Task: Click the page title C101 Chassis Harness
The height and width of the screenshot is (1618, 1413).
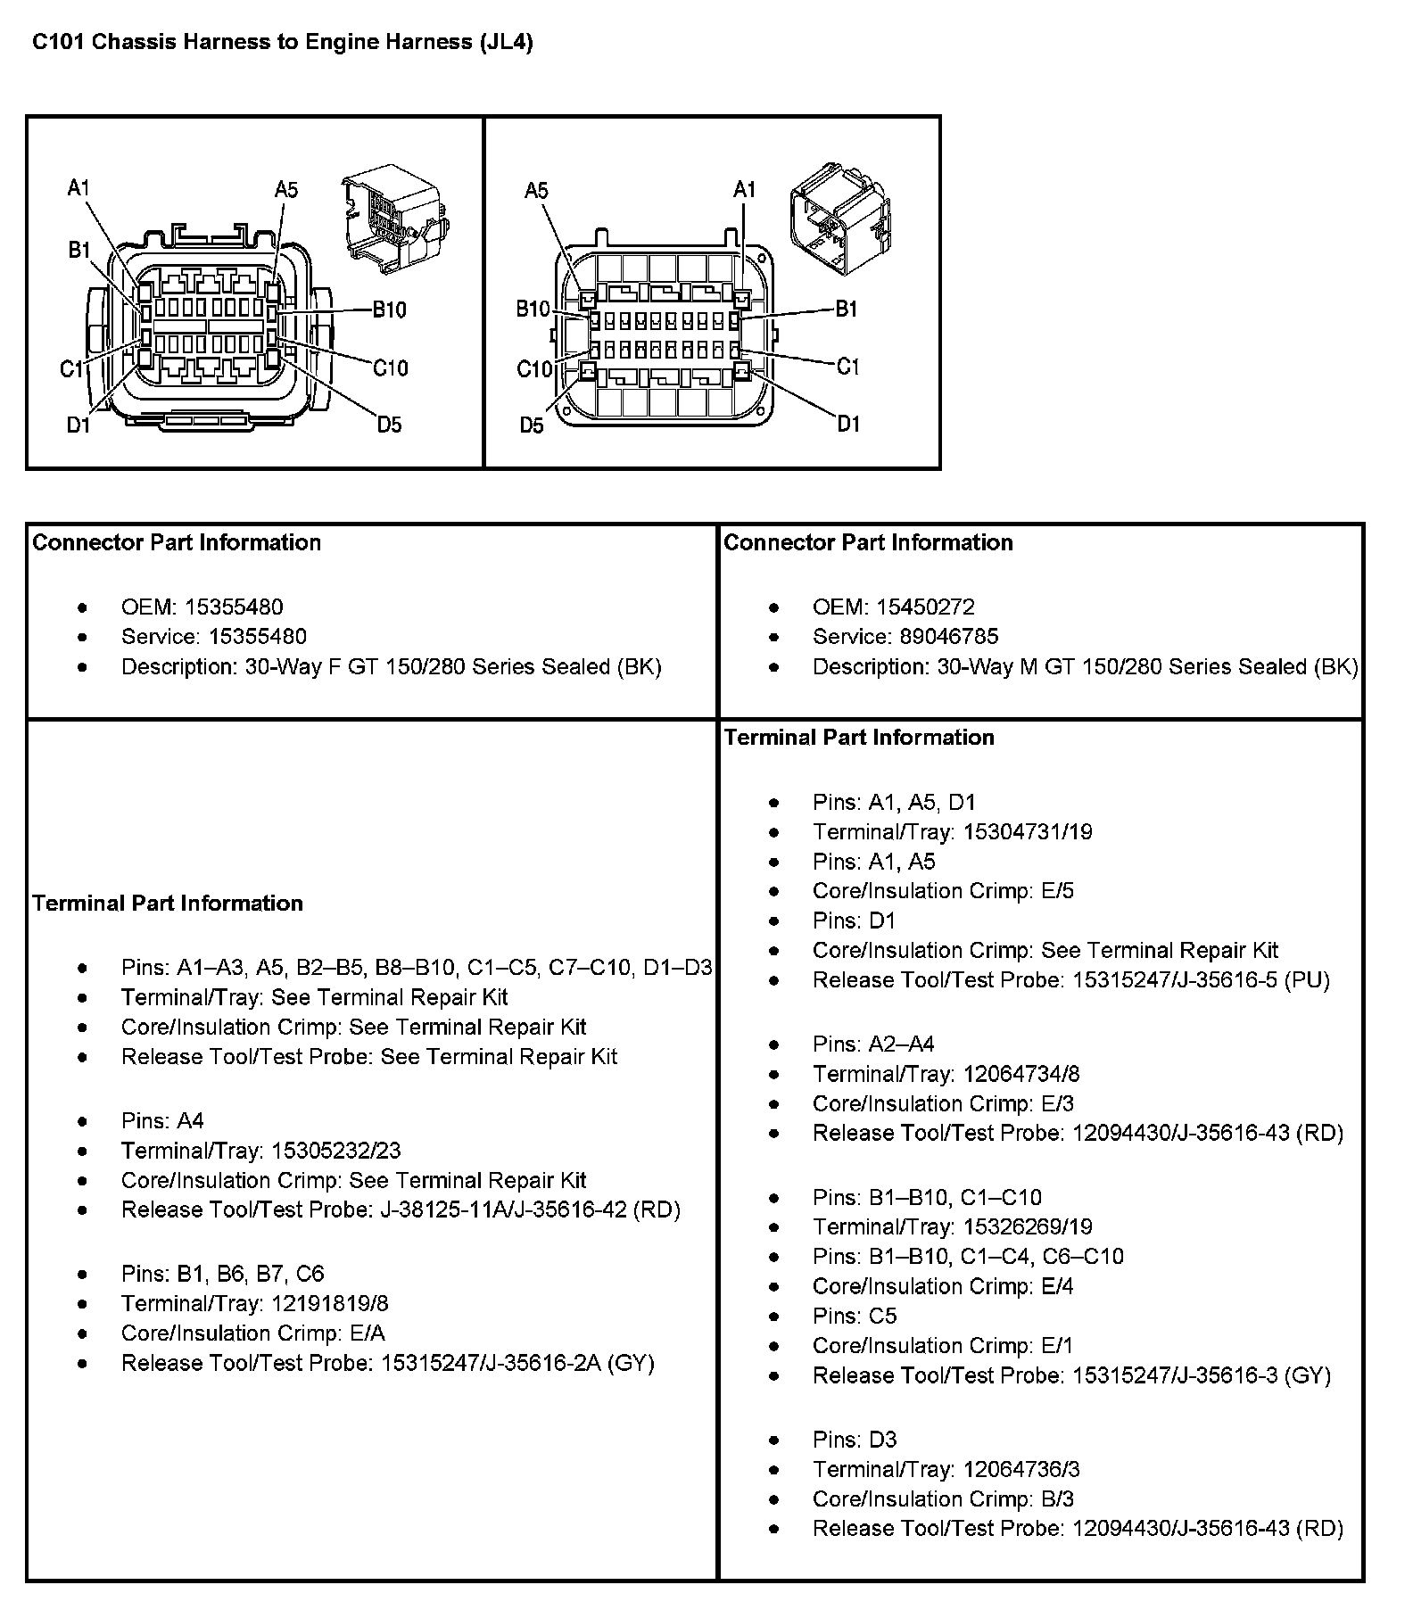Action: pos(282,43)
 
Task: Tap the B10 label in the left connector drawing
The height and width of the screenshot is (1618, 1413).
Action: pos(389,310)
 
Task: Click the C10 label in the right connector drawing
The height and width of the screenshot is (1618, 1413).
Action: pos(534,369)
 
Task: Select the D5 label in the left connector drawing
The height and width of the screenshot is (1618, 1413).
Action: pos(389,425)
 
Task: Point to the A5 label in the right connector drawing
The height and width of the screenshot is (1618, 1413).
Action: pos(536,191)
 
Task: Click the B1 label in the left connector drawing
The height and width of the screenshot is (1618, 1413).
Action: pos(79,251)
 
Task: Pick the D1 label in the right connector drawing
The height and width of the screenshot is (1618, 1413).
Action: pos(848,425)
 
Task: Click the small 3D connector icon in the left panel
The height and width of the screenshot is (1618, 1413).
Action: pos(392,219)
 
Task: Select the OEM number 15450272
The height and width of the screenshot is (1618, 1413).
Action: pos(925,607)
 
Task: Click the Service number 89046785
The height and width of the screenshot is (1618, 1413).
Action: pos(937,637)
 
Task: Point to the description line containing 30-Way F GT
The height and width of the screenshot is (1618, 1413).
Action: pos(391,667)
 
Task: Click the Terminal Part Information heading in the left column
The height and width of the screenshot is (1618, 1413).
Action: pos(168,904)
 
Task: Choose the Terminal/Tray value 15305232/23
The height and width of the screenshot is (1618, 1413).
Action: pos(336,1151)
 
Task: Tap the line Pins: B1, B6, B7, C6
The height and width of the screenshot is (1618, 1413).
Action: pos(222,1274)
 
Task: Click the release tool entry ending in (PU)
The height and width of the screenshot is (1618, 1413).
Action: pos(1070,980)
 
